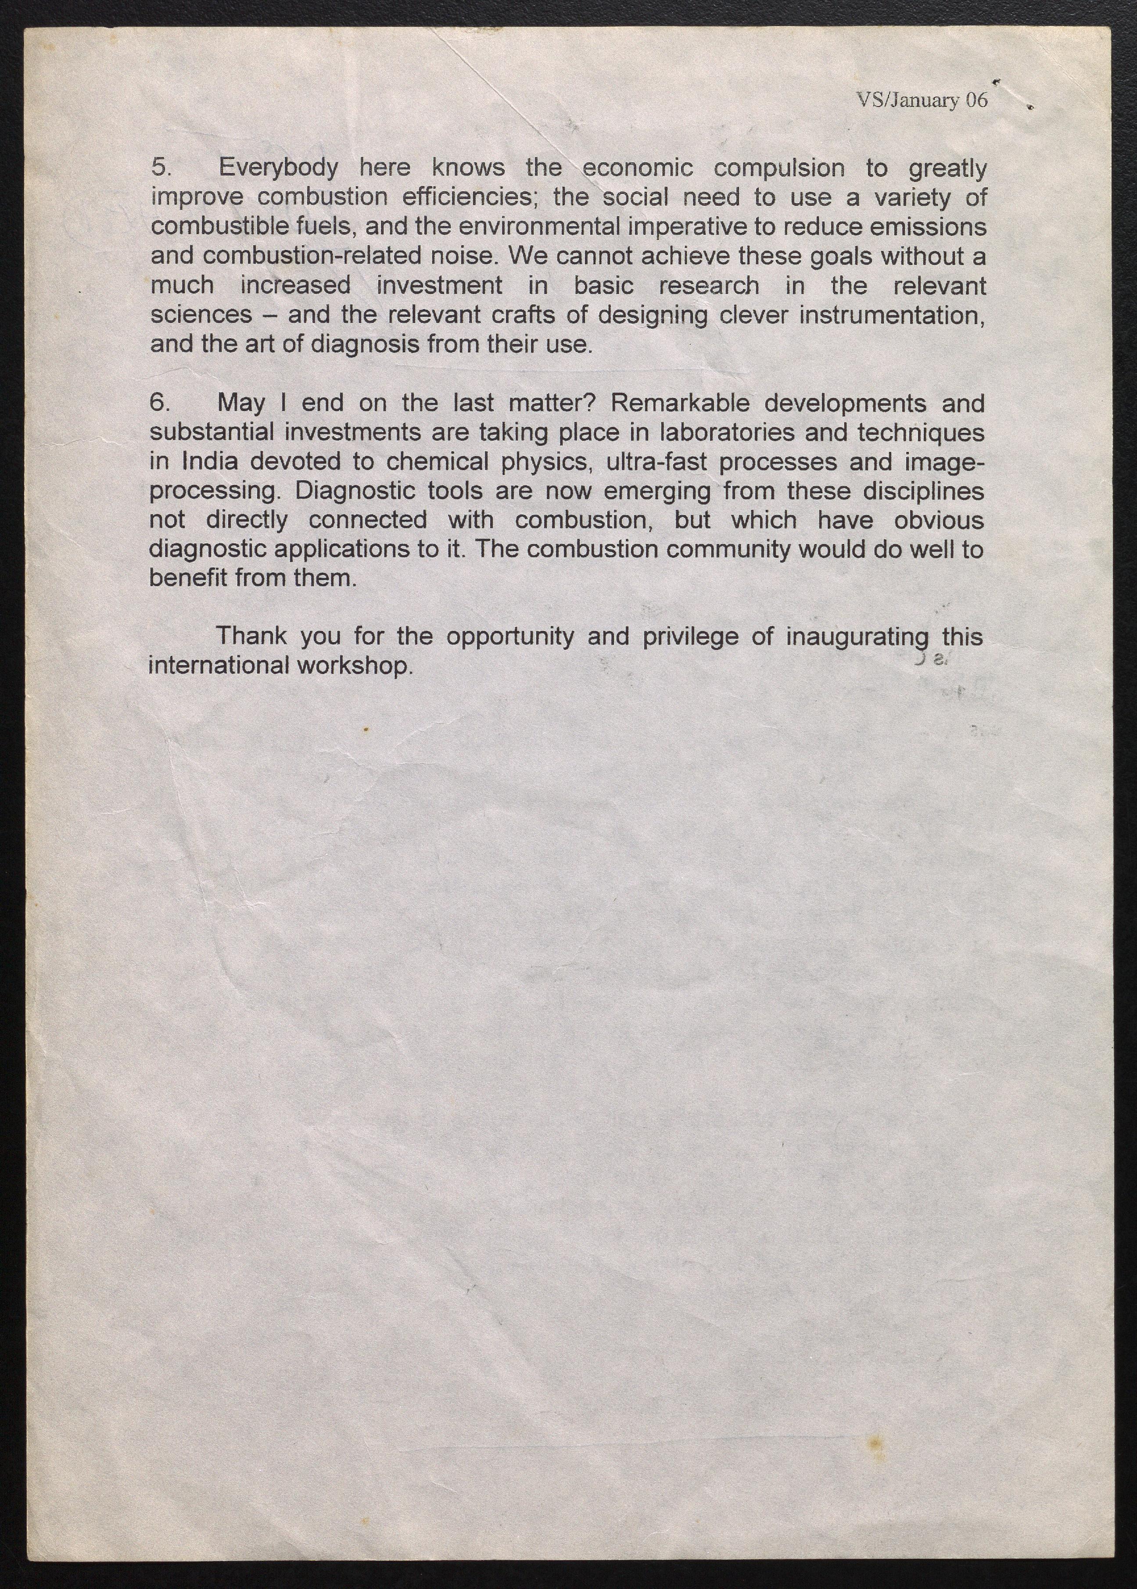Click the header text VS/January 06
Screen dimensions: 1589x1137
click(x=922, y=100)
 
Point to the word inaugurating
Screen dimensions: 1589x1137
click(x=857, y=636)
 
